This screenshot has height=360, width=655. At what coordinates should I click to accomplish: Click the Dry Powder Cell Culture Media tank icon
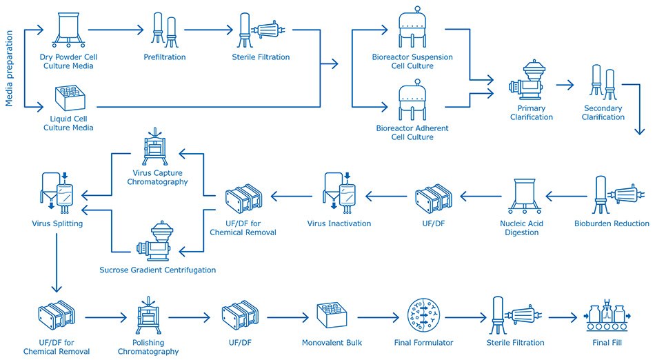click(x=66, y=30)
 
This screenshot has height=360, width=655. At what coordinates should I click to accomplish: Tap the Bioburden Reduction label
click(x=612, y=223)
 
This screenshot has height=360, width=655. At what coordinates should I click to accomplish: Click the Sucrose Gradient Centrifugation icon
click(x=159, y=242)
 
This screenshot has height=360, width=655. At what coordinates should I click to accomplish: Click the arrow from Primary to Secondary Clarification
click(x=565, y=84)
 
